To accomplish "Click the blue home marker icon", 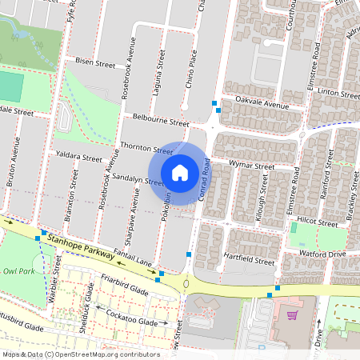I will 180,172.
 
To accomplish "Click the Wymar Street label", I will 251,166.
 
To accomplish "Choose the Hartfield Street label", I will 250,261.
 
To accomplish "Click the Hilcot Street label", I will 295,218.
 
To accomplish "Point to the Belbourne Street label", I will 160,120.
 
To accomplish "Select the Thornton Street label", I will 146,148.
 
